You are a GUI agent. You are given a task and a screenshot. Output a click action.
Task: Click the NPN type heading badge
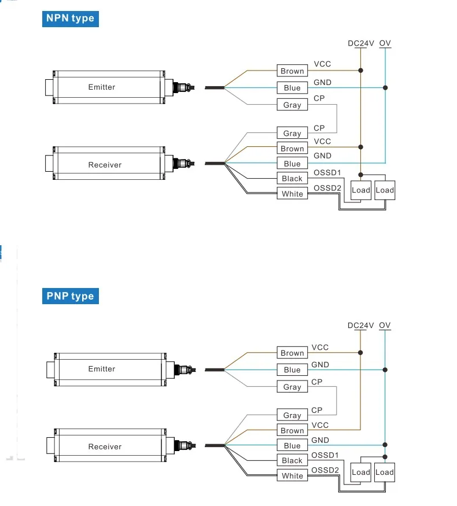coord(70,19)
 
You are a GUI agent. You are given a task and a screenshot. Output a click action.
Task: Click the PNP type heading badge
coord(70,296)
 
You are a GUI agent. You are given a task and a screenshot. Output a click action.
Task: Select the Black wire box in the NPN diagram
coord(292,179)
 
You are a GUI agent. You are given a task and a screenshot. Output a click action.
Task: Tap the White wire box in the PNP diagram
coord(292,475)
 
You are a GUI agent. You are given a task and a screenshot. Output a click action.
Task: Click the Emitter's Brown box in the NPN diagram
coord(292,71)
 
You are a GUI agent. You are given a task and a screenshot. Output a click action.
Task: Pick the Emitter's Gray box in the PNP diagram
coord(292,387)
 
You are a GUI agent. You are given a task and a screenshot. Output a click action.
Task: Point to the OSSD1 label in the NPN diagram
coord(327,173)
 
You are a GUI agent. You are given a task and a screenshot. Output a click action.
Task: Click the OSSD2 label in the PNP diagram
coord(325,470)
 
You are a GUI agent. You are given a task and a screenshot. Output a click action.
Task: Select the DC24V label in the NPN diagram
coord(361,43)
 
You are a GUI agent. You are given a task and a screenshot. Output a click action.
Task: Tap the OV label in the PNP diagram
coord(385,326)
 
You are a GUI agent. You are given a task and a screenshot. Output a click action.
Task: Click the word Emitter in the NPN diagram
coord(102,87)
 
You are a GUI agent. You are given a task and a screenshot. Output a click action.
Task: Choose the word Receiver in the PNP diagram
coord(105,446)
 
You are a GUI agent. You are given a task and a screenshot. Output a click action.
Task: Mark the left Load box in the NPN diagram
coord(361,190)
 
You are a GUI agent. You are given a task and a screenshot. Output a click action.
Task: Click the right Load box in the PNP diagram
coord(384,472)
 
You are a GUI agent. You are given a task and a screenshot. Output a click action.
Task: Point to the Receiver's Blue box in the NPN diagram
coord(292,164)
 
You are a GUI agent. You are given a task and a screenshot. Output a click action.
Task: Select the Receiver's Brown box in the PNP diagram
coord(292,430)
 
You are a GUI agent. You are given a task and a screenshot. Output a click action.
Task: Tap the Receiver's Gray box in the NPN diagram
coord(292,134)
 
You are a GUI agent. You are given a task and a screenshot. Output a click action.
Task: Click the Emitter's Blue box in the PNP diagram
coord(292,370)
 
